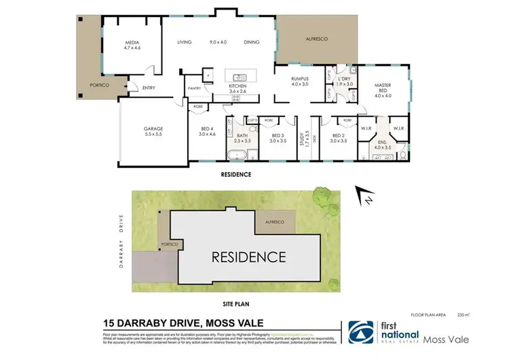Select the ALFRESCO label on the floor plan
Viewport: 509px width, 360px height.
coord(317,40)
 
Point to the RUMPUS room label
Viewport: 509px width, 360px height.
coord(299,79)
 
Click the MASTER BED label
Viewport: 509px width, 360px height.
coord(383,88)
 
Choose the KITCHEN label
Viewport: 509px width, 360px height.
coord(238,86)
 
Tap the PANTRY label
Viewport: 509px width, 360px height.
coord(194,88)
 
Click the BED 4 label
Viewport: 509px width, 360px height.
coord(208,130)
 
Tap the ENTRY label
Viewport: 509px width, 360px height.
coord(149,87)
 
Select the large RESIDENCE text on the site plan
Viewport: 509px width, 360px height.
coord(248,257)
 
